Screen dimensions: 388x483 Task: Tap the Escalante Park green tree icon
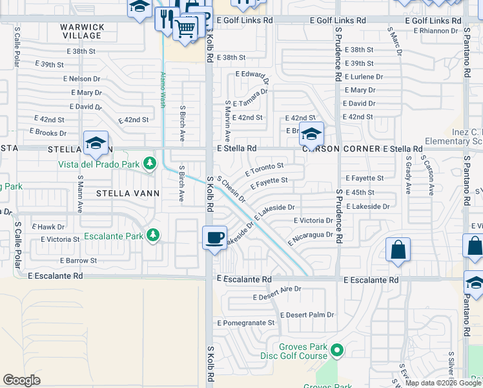click(x=152, y=235)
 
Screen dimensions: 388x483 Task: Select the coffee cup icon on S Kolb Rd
click(x=214, y=237)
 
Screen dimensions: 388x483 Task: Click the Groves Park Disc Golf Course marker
click(x=336, y=351)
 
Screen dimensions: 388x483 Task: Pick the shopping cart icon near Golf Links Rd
click(x=185, y=28)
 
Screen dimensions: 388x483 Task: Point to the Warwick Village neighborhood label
click(x=82, y=32)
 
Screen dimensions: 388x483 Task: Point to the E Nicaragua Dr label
click(x=311, y=237)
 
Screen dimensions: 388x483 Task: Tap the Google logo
click(x=22, y=380)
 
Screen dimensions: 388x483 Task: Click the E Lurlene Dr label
click(x=364, y=77)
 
